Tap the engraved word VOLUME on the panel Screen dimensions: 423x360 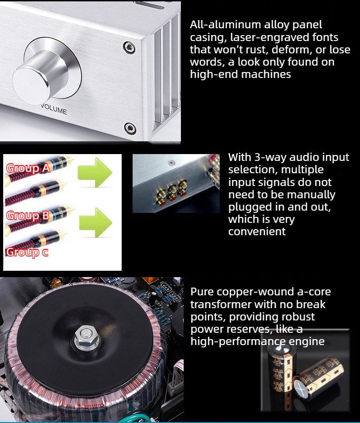[x=54, y=109]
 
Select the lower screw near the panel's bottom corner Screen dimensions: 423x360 [x=130, y=129]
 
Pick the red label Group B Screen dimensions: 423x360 [x=27, y=216]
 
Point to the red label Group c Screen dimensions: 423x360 [x=27, y=252]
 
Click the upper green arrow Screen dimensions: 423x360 [x=95, y=173]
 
